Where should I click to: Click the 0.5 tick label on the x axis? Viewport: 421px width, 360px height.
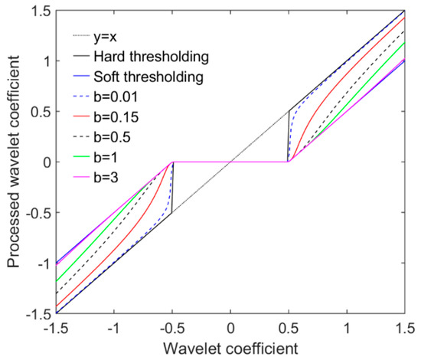tap(289, 328)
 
